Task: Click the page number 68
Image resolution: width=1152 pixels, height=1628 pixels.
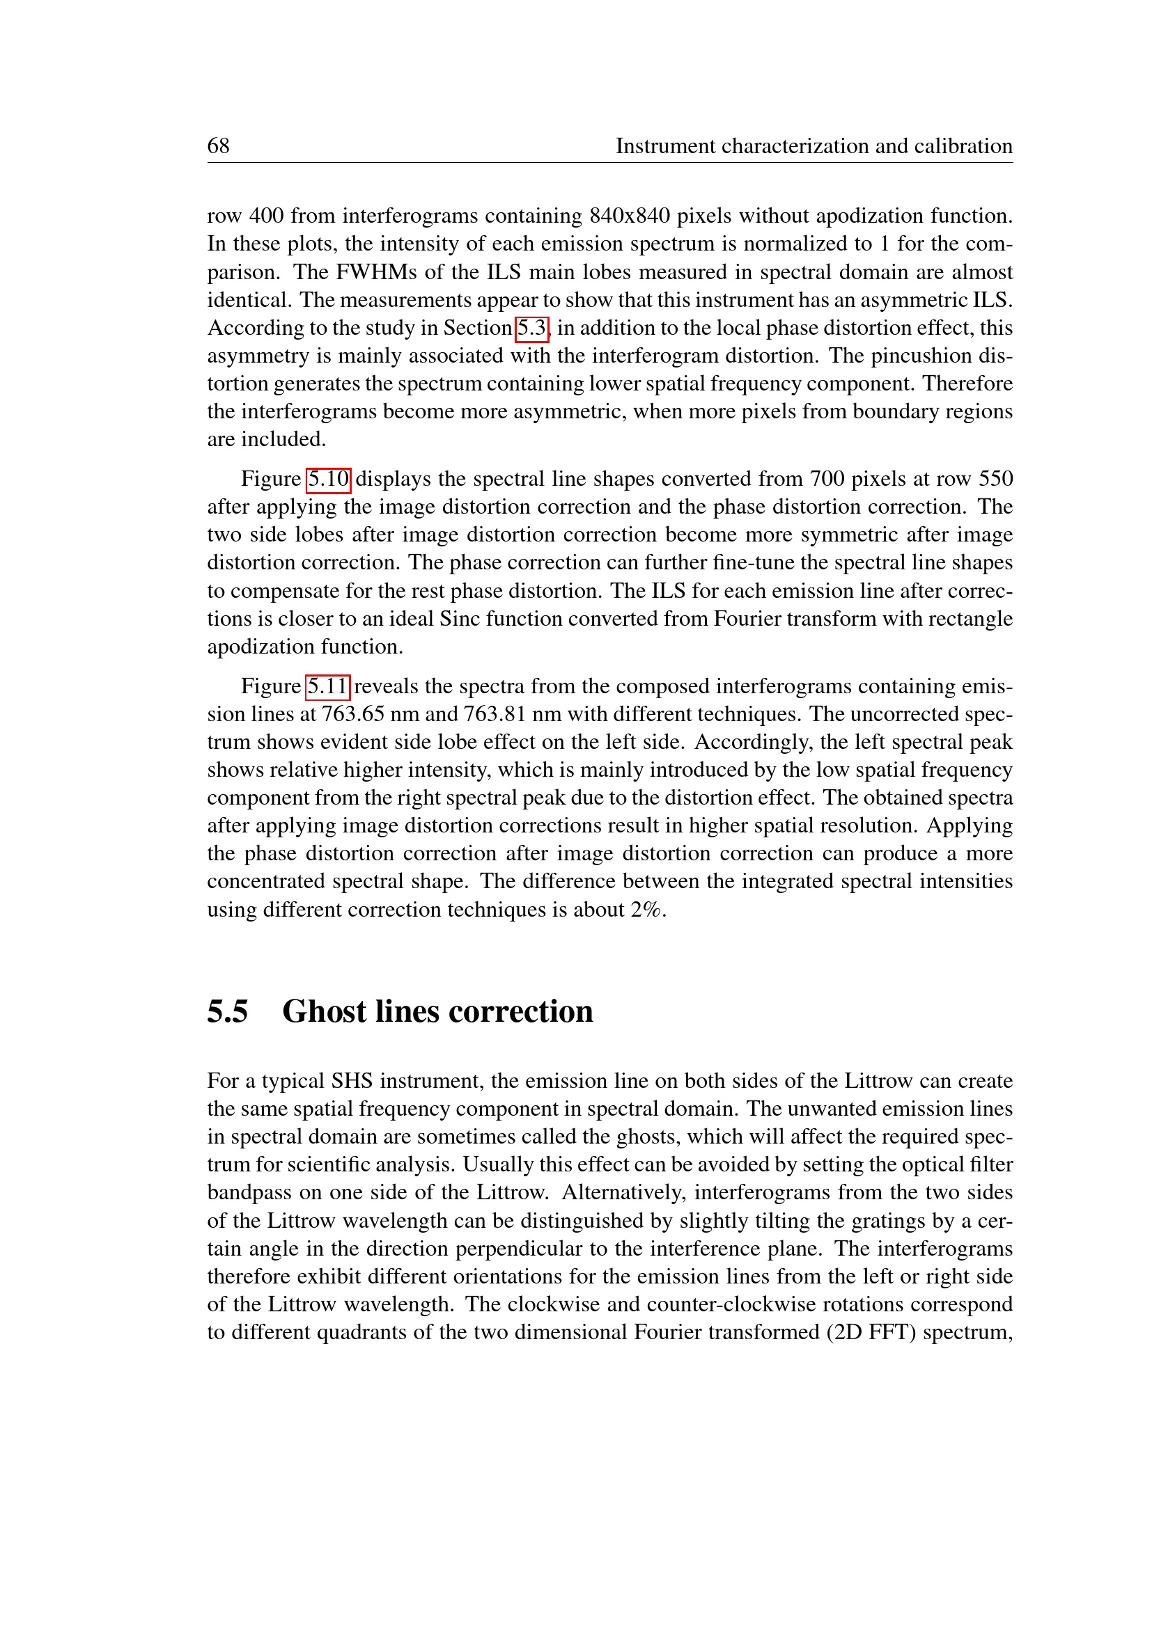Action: (x=218, y=146)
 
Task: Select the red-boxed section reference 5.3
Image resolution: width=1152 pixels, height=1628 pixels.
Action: (x=531, y=329)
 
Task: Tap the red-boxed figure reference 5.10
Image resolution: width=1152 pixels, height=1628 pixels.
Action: (x=328, y=480)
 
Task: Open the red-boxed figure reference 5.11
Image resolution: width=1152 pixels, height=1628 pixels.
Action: (x=327, y=686)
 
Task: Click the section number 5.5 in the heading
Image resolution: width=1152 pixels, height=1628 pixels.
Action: (x=227, y=1012)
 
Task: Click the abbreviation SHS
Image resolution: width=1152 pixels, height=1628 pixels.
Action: (x=352, y=1082)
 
